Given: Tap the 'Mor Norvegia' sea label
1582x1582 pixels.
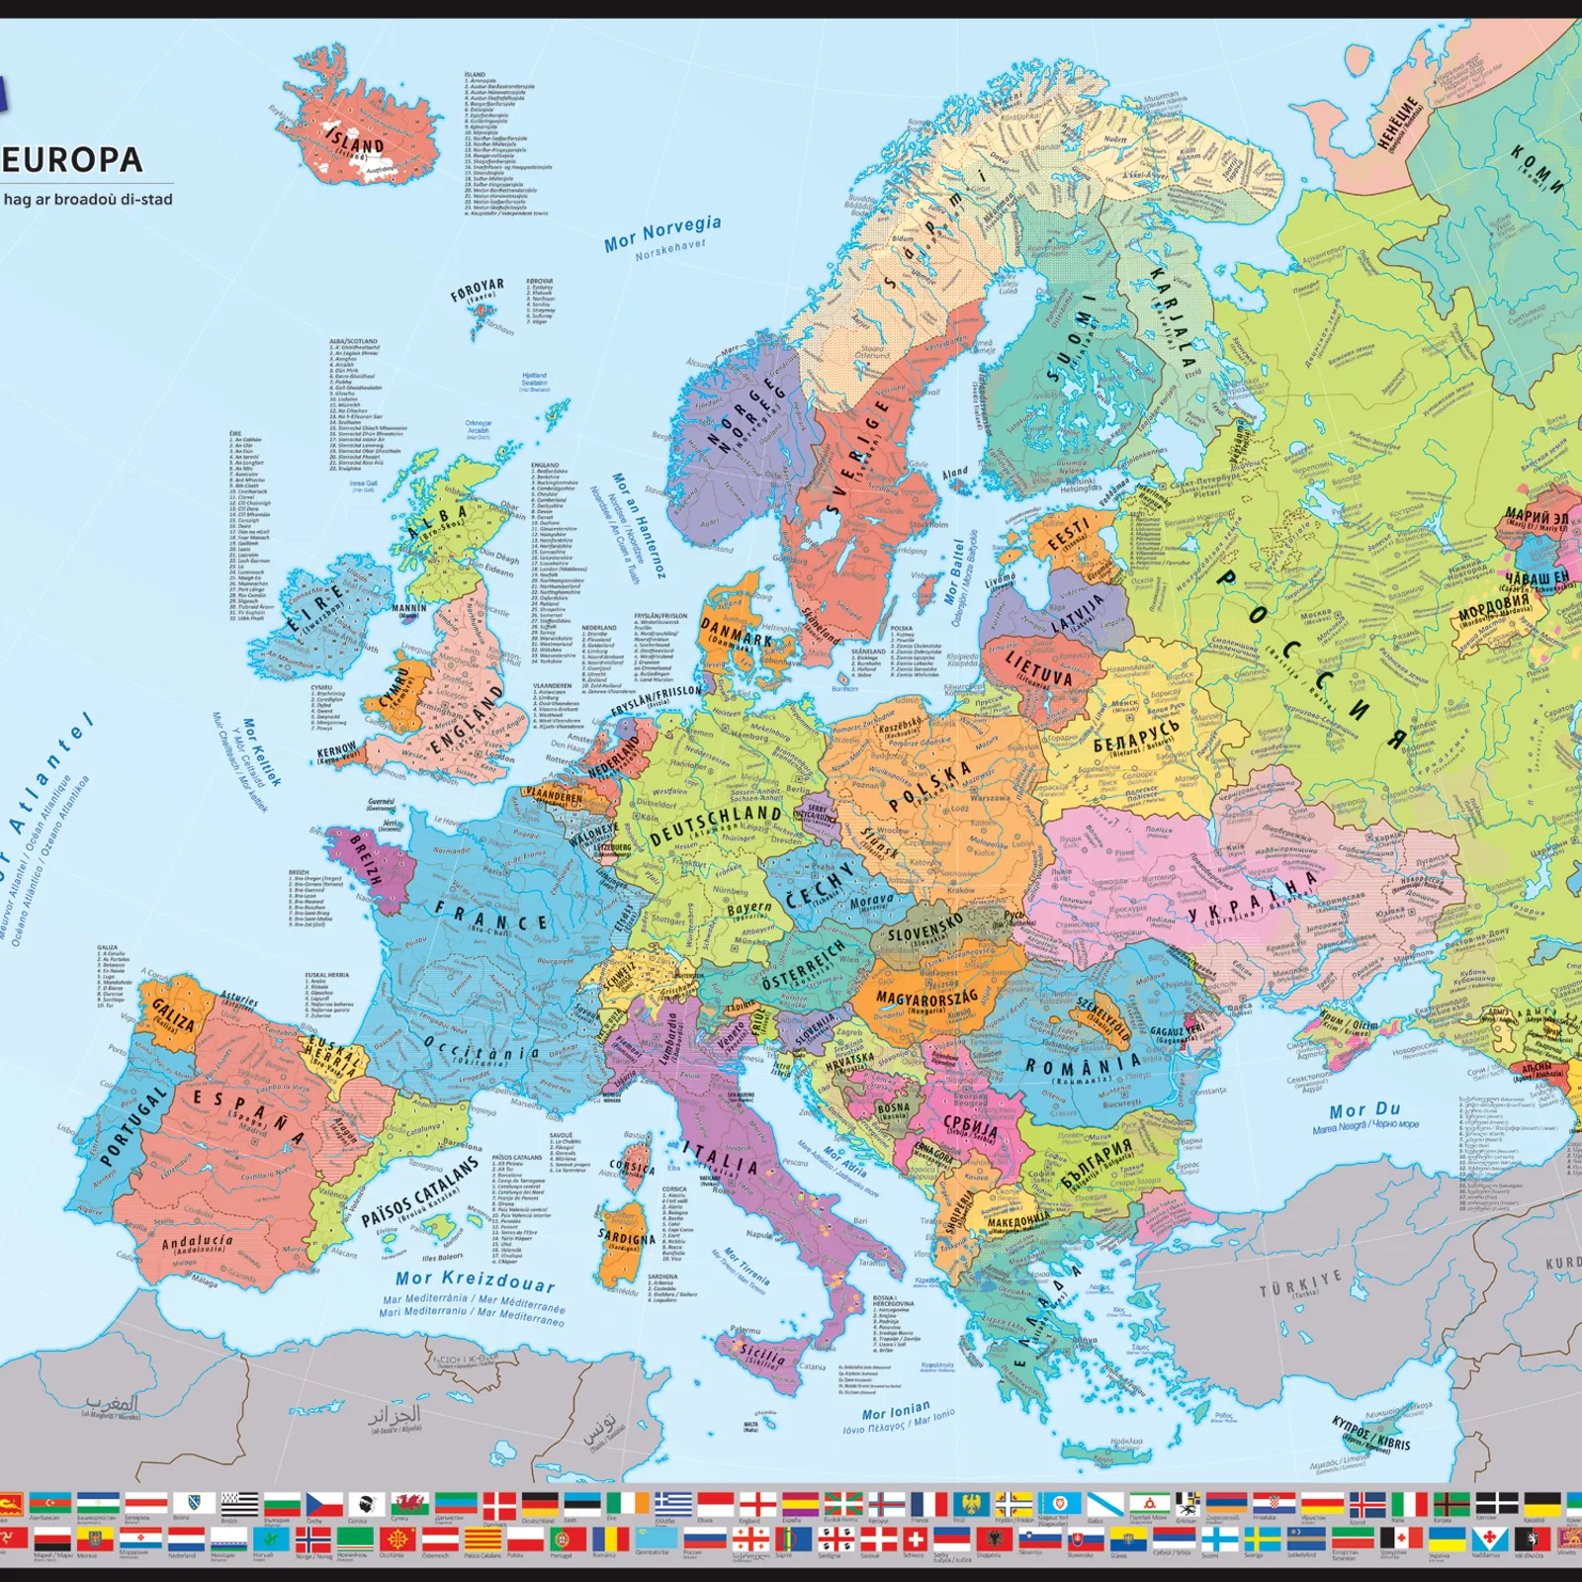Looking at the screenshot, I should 662,232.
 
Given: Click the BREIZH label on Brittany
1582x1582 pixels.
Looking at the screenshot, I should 365,858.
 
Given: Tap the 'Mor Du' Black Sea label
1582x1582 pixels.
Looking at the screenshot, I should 1364,1110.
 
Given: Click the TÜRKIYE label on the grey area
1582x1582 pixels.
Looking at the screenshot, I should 1300,1285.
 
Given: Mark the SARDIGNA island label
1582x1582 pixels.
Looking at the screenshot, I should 626,1238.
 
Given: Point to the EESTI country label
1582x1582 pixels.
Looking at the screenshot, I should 1068,534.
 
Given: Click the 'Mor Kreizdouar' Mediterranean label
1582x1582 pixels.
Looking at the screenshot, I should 475,1280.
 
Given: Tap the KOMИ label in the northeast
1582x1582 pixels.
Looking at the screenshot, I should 1538,168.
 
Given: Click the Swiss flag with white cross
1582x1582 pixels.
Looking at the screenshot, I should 917,1539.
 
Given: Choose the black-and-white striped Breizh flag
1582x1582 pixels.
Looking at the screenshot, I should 239,1504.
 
